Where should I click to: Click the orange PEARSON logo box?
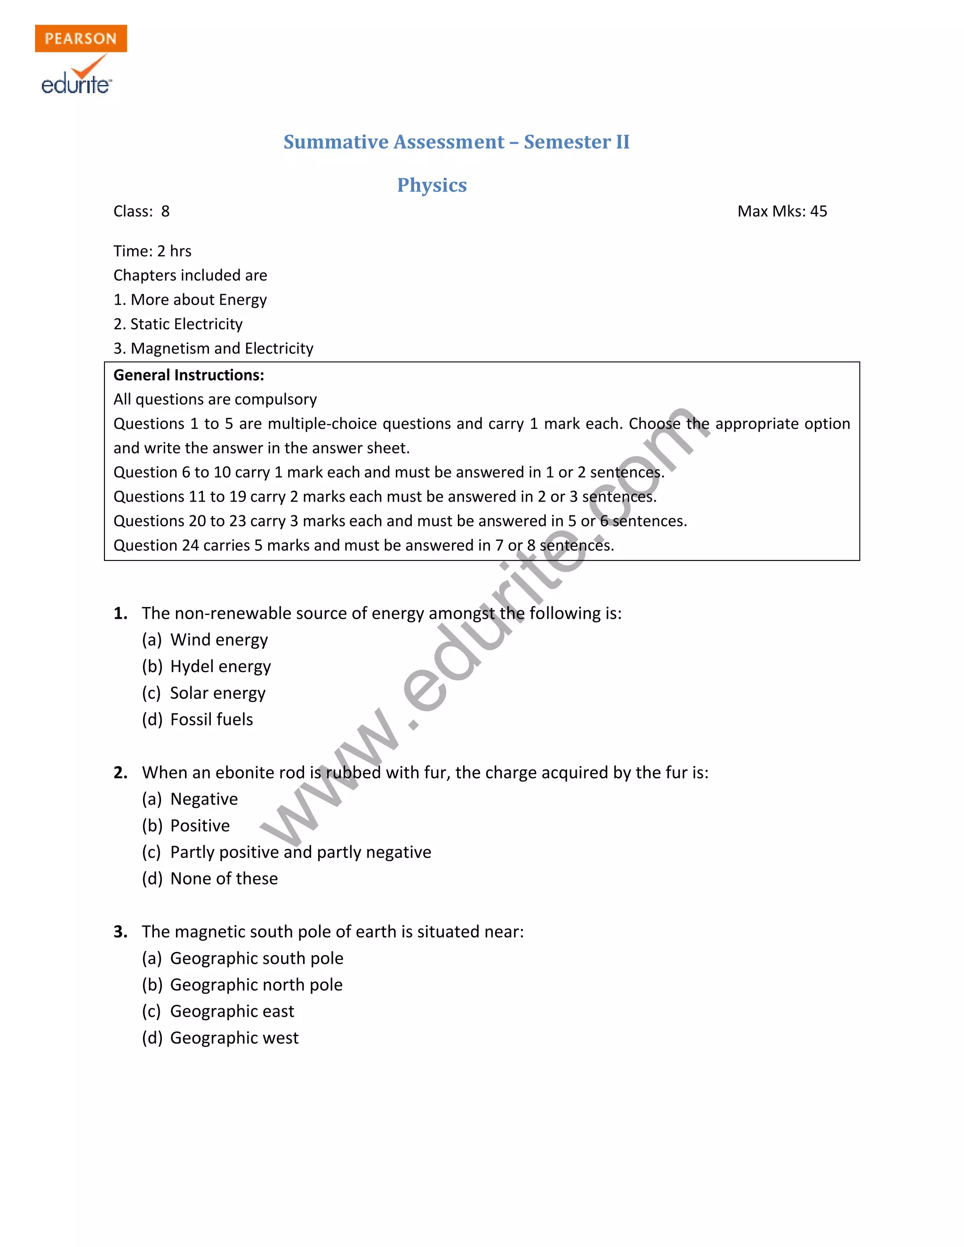point(80,38)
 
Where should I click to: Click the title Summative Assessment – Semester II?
point(456,142)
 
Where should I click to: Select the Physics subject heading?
point(432,185)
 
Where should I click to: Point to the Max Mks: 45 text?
point(782,211)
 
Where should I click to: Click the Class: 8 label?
point(142,211)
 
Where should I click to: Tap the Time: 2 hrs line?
point(153,251)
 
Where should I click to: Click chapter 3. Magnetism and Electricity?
point(214,348)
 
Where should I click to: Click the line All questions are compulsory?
point(215,399)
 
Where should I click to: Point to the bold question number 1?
point(120,613)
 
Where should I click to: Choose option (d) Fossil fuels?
point(198,719)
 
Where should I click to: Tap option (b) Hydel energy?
point(207,666)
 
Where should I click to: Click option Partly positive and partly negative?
point(287,852)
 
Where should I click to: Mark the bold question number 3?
point(120,932)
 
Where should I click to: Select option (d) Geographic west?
point(220,1038)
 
